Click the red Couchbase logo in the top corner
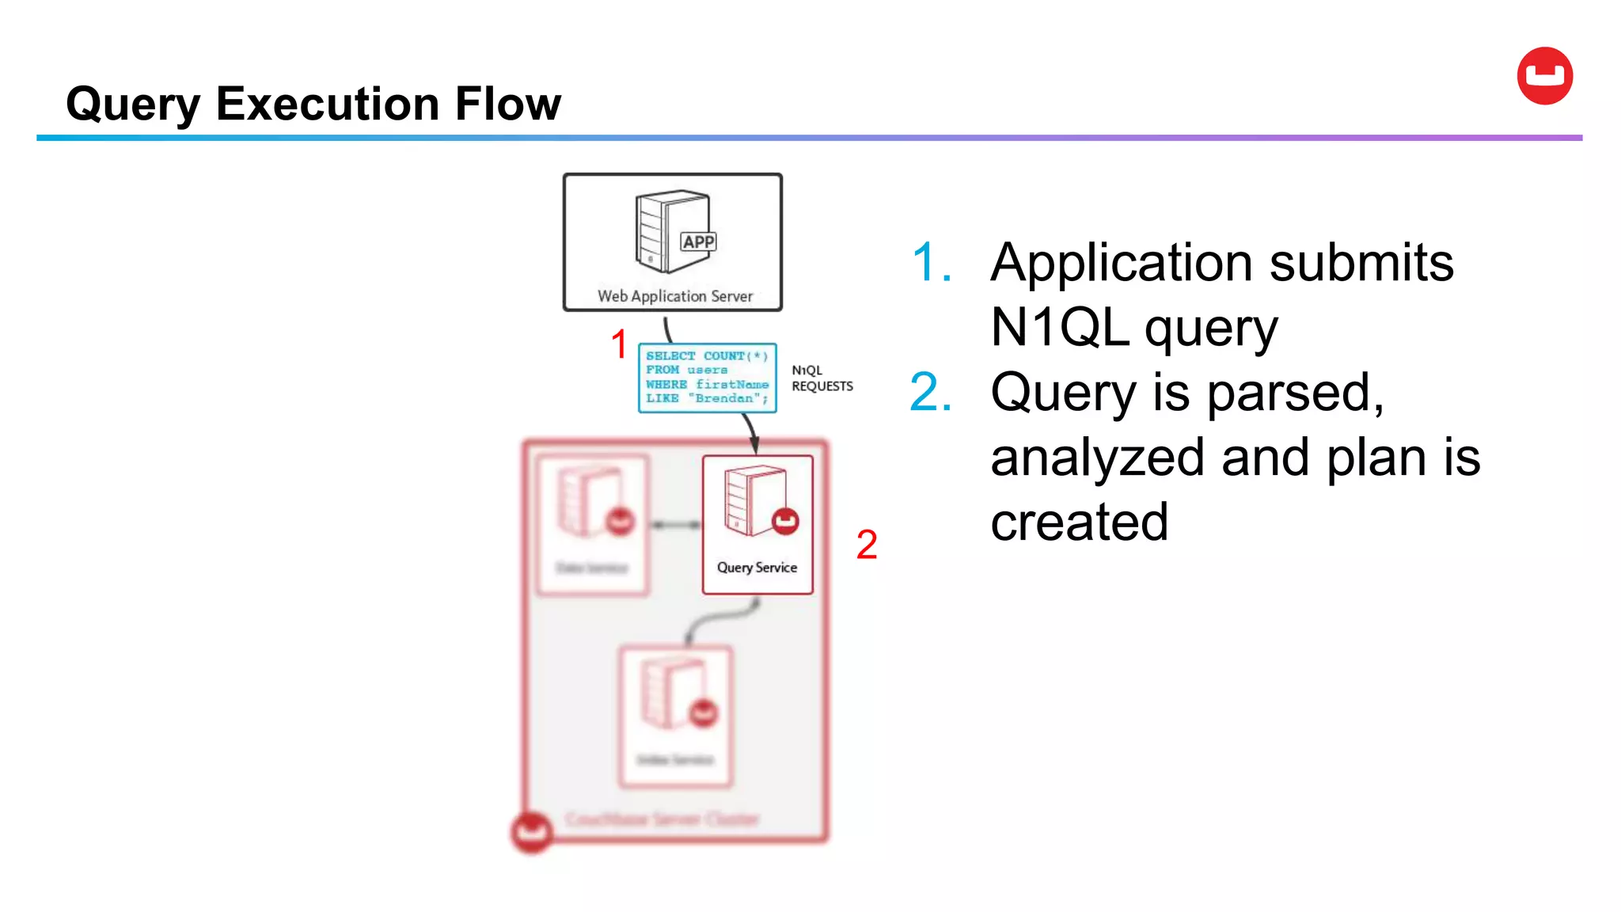click(1544, 76)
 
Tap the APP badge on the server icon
click(698, 241)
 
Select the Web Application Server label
click(674, 296)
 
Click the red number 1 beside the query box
click(619, 344)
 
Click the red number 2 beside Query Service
click(867, 545)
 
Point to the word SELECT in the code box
click(670, 356)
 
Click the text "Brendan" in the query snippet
click(727, 398)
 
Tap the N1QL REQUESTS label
click(822, 378)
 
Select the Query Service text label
click(757, 568)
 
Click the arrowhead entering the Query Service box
click(754, 446)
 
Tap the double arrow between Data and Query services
click(675, 524)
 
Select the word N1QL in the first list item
click(1059, 327)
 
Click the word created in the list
click(1079, 522)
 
